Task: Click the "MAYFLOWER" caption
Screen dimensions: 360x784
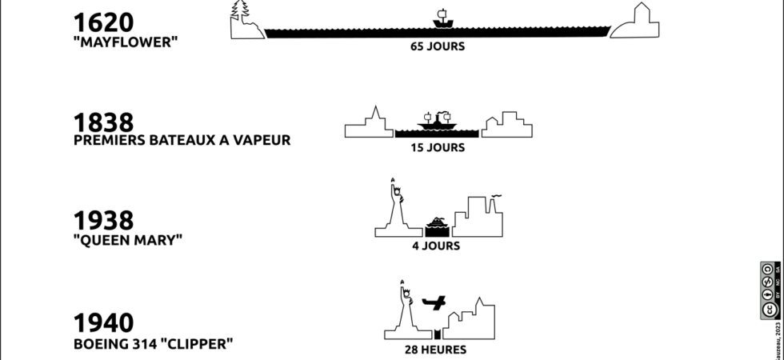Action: (124, 42)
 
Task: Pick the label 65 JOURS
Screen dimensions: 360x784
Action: (438, 46)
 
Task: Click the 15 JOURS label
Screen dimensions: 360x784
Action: (438, 147)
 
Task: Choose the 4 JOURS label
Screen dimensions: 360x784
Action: (436, 246)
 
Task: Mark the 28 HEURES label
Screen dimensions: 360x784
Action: (436, 350)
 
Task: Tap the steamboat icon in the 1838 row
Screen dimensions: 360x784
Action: (437, 121)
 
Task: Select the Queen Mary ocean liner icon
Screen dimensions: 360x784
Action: (436, 223)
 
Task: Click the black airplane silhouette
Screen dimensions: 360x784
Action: (434, 303)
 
